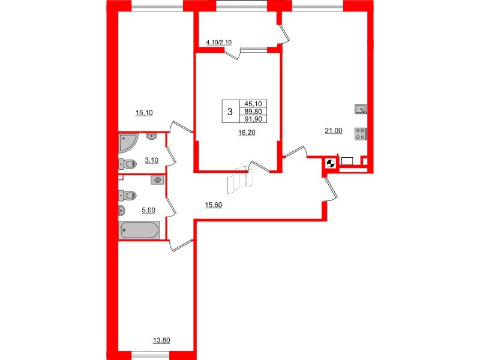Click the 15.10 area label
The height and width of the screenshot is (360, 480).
pyautogui.click(x=145, y=112)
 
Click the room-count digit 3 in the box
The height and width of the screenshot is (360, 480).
pyautogui.click(x=230, y=111)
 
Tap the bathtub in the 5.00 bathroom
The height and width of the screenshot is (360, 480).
pyautogui.click(x=140, y=230)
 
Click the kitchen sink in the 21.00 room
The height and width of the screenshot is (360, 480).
pyautogui.click(x=360, y=109)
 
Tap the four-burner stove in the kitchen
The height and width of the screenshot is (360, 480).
pyautogui.click(x=361, y=133)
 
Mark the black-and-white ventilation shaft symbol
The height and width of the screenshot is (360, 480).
pyautogui.click(x=330, y=163)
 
